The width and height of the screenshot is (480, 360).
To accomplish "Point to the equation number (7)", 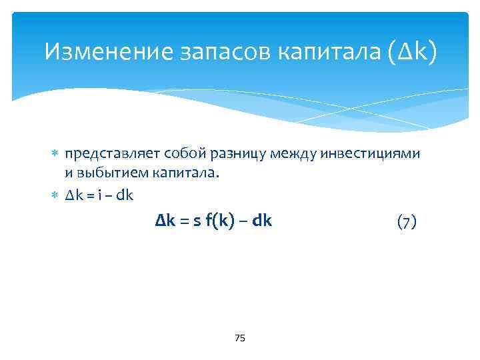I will click(x=407, y=221).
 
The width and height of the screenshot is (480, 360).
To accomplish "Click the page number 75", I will click(x=240, y=339).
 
